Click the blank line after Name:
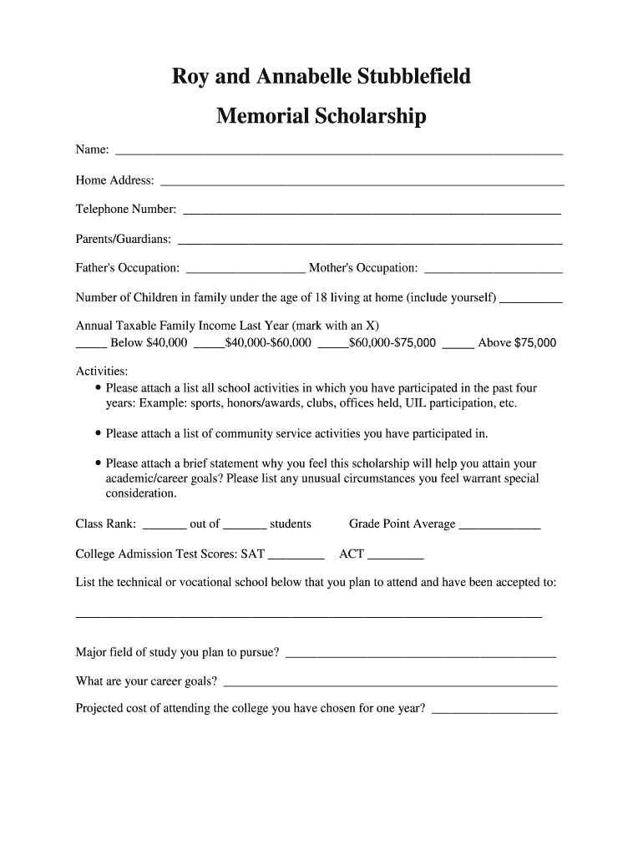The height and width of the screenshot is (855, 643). pyautogui.click(x=338, y=152)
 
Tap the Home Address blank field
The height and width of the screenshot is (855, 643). pyautogui.click(x=362, y=181)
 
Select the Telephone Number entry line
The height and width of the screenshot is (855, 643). pyautogui.click(x=372, y=211)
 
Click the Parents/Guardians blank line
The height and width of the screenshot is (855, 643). pyautogui.click(x=370, y=241)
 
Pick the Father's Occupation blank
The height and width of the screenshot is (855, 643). pyautogui.click(x=246, y=270)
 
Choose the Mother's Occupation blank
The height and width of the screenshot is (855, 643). pyautogui.click(x=494, y=270)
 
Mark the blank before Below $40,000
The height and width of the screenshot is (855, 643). pyautogui.click(x=91, y=343)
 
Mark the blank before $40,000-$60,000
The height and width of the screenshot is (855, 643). pyautogui.click(x=209, y=343)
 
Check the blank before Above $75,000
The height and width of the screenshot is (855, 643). pyautogui.click(x=458, y=343)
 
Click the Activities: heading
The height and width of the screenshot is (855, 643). pyautogui.click(x=102, y=371)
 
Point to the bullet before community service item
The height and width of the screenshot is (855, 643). pyautogui.click(x=99, y=434)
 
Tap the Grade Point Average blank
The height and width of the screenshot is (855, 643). pyautogui.click(x=499, y=526)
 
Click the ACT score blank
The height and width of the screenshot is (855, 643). pyautogui.click(x=395, y=556)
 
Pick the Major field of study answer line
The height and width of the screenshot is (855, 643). pyautogui.click(x=420, y=655)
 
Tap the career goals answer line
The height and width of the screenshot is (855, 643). pyautogui.click(x=390, y=683)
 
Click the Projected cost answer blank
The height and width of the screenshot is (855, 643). pyautogui.click(x=494, y=711)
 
